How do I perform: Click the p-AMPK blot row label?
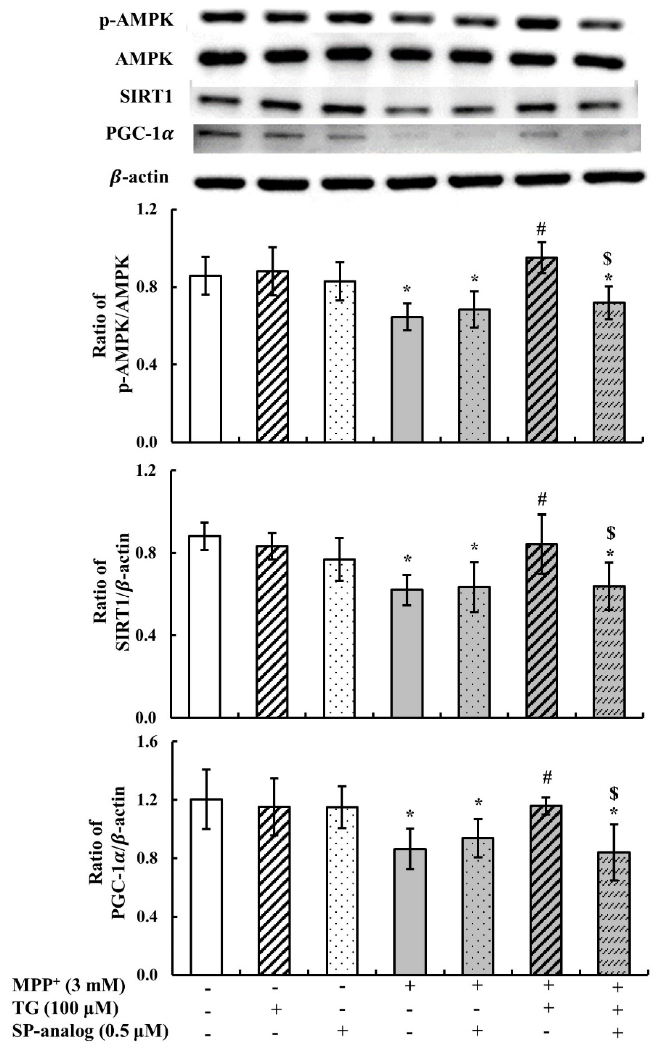136,21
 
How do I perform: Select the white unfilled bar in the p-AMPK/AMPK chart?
205,358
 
